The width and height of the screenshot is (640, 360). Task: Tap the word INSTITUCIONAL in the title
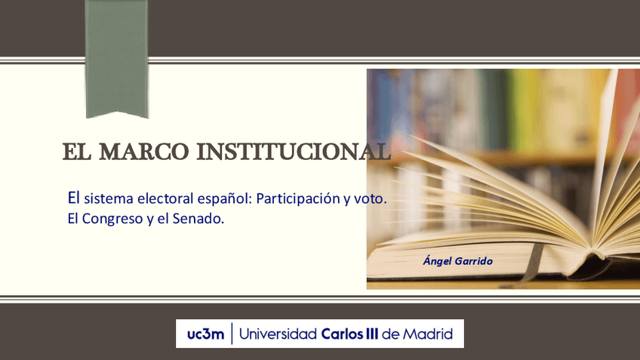(294, 152)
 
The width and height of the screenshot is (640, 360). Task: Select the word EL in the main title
(76, 152)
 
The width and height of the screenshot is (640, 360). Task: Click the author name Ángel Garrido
(458, 261)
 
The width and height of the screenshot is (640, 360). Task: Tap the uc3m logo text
(205, 334)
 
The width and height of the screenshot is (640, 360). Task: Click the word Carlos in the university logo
(344, 334)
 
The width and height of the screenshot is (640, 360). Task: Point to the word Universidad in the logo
(278, 334)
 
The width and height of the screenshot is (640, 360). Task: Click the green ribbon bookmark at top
(116, 57)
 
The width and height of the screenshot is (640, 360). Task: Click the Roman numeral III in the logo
(371, 334)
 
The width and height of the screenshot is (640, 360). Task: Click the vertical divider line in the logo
(232, 334)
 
